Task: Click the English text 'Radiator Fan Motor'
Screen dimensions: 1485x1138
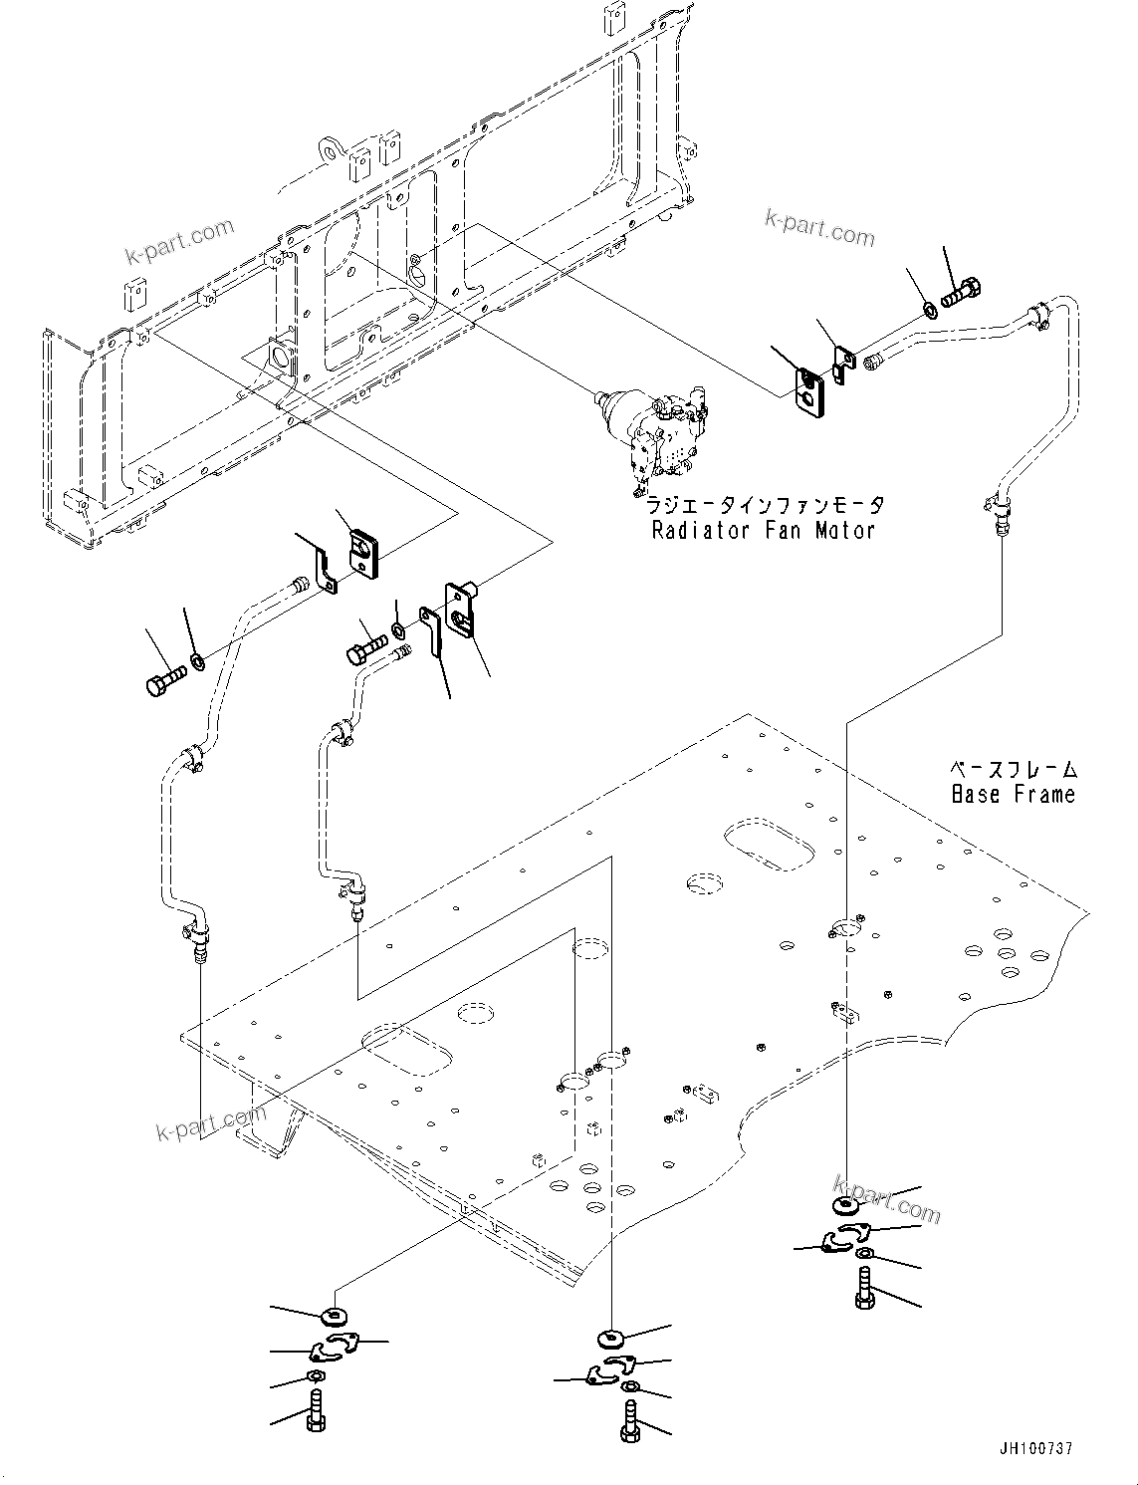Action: tap(763, 530)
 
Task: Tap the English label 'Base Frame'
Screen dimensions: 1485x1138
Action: tap(1013, 794)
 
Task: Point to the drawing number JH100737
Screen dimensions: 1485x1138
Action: tap(1032, 1449)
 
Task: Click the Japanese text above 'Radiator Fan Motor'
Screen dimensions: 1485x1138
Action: tap(765, 506)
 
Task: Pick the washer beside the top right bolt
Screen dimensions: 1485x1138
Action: tap(929, 310)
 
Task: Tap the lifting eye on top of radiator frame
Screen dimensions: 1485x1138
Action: tap(328, 149)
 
